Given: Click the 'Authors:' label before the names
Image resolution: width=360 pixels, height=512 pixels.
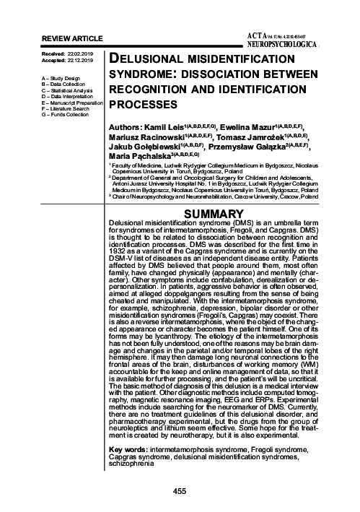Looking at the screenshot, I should pyautogui.click(x=124, y=126).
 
